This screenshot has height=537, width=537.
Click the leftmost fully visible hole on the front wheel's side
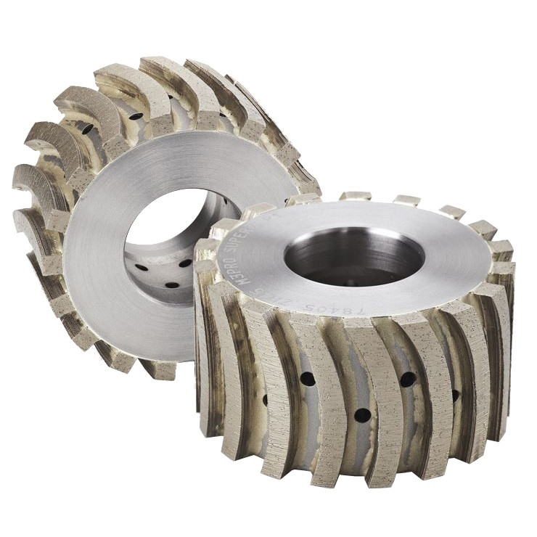(x=307, y=379)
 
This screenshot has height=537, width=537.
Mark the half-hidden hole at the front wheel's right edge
(x=455, y=395)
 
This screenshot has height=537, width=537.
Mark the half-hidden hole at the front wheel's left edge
(x=264, y=400)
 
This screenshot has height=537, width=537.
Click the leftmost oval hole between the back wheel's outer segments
(x=86, y=128)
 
